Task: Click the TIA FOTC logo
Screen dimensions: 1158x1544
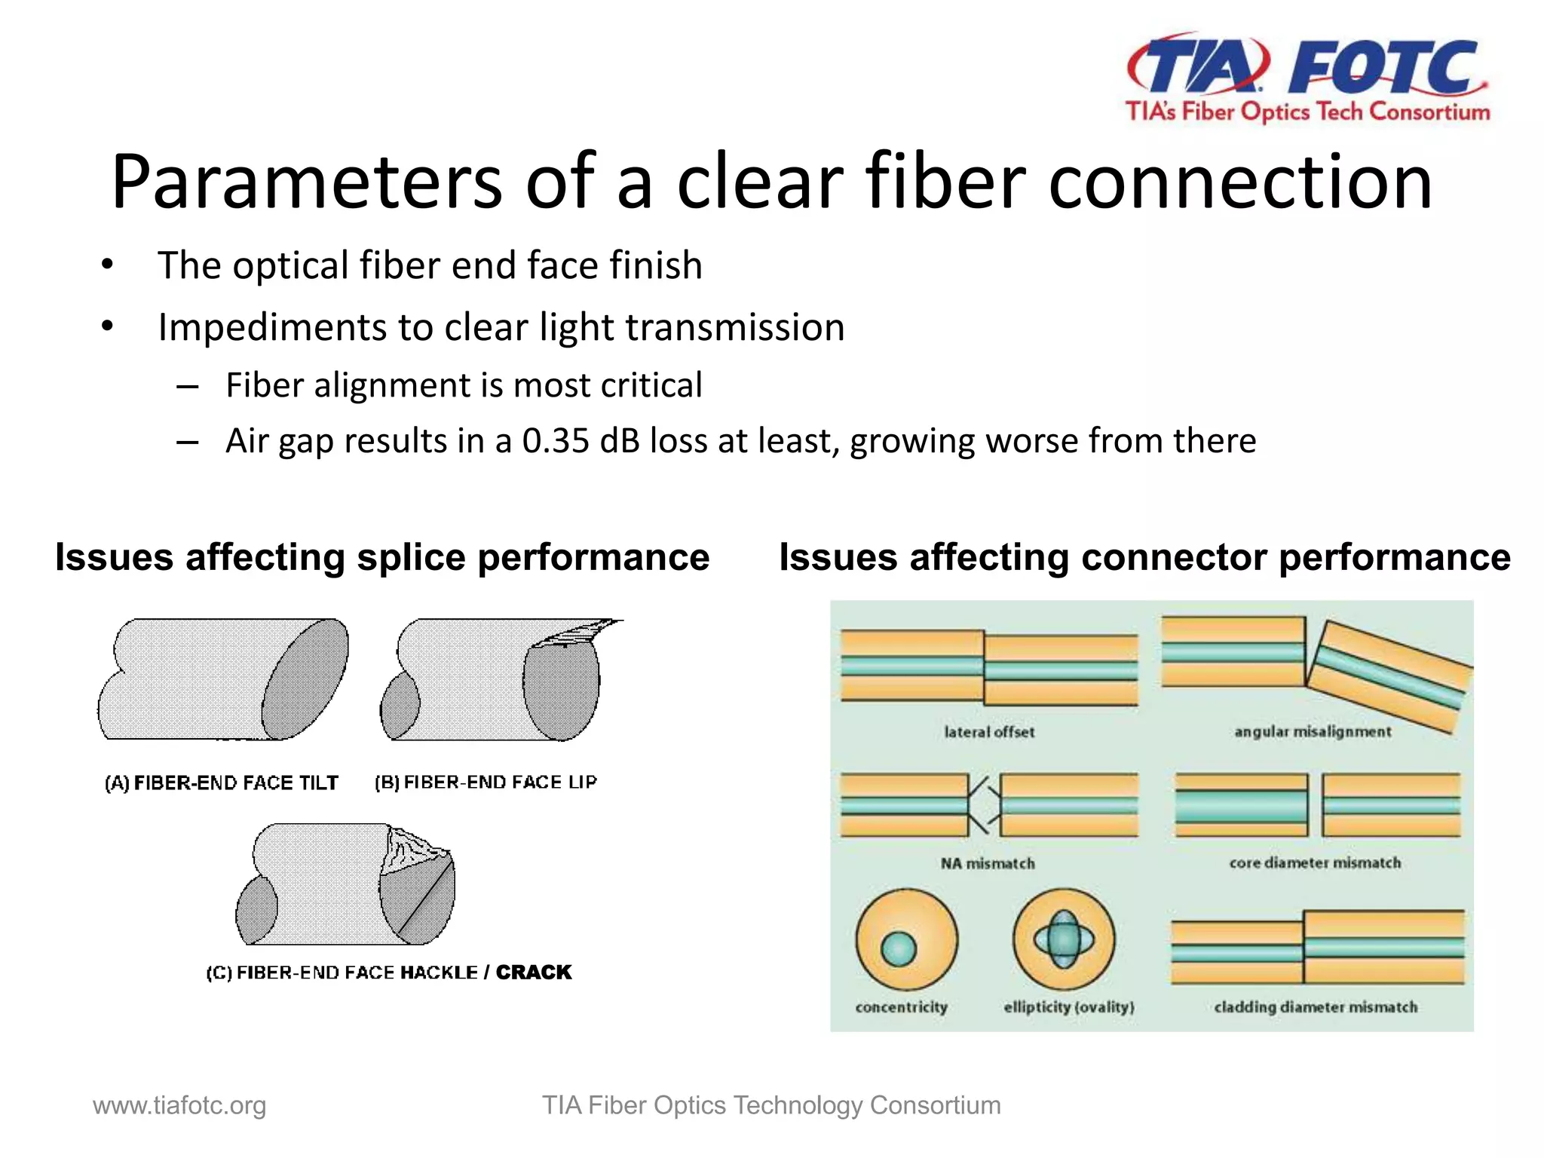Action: (x=1307, y=77)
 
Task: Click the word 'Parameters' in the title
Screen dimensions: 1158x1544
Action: (x=306, y=182)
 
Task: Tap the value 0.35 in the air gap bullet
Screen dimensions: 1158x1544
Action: (x=555, y=441)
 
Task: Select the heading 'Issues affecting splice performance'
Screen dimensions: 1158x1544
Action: (x=382, y=558)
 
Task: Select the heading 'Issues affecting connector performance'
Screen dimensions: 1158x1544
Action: (x=1144, y=558)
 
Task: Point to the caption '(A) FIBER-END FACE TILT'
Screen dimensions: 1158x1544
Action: (x=222, y=783)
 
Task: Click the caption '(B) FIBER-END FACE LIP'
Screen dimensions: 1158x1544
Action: (x=486, y=783)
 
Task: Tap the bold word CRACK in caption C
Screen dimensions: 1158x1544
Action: (x=534, y=973)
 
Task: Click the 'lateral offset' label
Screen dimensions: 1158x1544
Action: (x=989, y=732)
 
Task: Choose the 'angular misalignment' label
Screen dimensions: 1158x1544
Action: (x=1313, y=732)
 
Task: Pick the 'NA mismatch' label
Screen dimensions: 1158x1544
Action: (x=988, y=863)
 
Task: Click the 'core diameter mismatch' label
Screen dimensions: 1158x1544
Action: (x=1315, y=863)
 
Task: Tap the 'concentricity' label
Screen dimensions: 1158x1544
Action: (x=901, y=1007)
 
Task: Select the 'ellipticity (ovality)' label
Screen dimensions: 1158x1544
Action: (x=1068, y=1007)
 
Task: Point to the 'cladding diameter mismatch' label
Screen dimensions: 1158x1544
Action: (x=1316, y=1007)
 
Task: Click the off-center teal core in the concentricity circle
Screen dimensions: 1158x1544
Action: (x=898, y=948)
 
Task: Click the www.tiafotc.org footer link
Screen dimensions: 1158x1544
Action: (x=179, y=1106)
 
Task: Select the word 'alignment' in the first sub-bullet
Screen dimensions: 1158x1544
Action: (x=394, y=385)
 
